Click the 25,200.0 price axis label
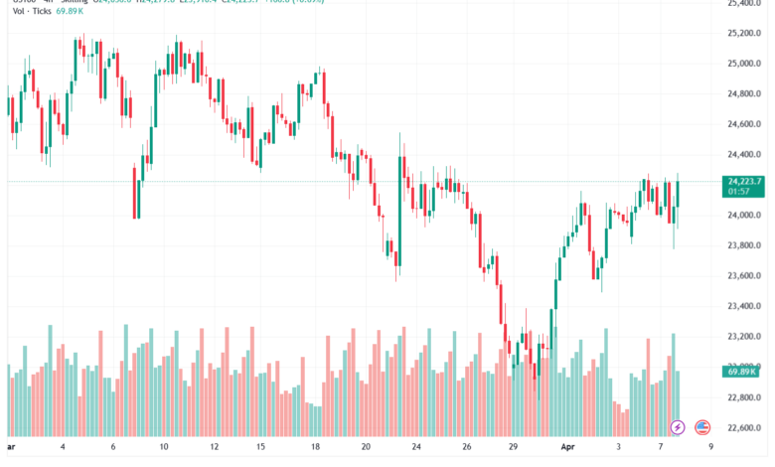744,33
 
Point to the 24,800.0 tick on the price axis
744,94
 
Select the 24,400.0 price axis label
744,155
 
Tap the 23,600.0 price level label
744,276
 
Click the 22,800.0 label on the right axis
744,398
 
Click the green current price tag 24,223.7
745,181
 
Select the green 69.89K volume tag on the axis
744,371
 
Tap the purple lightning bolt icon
679,427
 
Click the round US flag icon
703,427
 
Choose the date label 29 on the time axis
513,448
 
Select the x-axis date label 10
164,448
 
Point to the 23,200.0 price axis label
744,338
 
